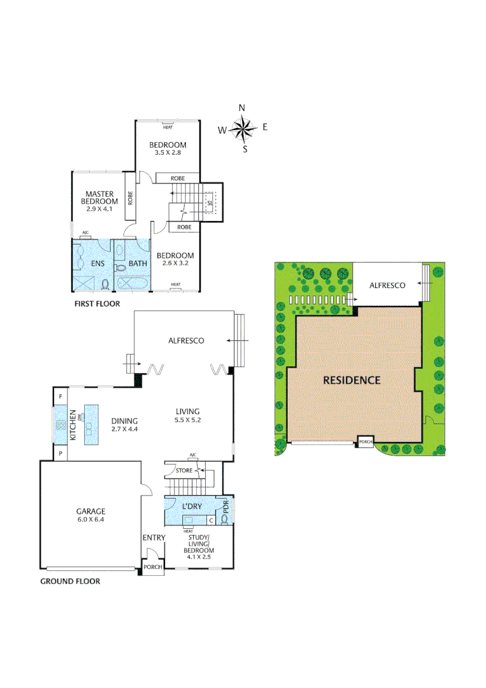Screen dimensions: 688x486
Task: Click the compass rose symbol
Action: pos(242,129)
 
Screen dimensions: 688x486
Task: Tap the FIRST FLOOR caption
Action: pos(97,304)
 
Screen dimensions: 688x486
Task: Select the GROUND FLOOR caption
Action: pos(70,581)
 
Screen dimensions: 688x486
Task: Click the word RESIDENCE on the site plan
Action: pos(352,380)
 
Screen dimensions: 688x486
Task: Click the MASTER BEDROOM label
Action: pos(99,197)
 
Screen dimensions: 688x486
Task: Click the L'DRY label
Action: pos(192,506)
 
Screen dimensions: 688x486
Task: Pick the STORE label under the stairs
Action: pos(184,471)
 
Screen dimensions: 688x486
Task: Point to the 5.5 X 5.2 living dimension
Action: pos(188,420)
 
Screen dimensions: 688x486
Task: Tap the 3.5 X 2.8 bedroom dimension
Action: pos(168,152)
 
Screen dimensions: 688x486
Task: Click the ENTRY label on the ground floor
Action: pos(154,538)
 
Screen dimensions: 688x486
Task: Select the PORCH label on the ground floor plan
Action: pos(153,567)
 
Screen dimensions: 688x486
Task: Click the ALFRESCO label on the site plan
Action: pos(387,285)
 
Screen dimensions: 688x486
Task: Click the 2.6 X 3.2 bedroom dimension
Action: pos(176,262)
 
